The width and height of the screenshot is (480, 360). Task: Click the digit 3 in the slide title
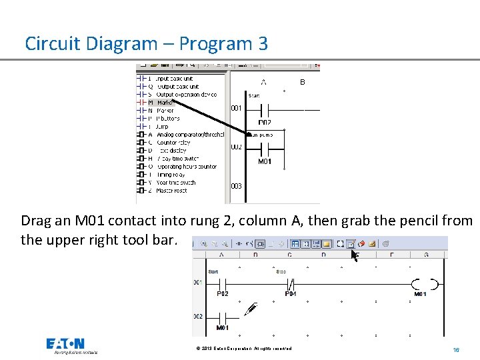coord(262,44)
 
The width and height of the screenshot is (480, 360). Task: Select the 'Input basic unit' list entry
coord(175,78)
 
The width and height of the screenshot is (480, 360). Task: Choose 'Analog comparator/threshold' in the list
coord(189,135)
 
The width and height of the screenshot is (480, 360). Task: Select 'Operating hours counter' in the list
coord(186,167)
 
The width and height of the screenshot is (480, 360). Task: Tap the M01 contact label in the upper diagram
coord(265,161)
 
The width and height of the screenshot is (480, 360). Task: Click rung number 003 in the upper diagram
coord(237,187)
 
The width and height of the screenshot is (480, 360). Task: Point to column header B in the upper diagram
coord(303,82)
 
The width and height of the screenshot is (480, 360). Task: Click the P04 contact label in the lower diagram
coord(291,294)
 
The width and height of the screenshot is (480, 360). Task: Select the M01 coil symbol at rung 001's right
coord(425,284)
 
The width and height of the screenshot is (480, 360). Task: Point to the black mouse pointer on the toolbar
coord(355,254)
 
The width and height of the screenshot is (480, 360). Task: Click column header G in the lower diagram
coord(426,255)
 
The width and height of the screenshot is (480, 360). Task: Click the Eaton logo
coord(65,345)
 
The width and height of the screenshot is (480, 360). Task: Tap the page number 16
coord(456,350)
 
